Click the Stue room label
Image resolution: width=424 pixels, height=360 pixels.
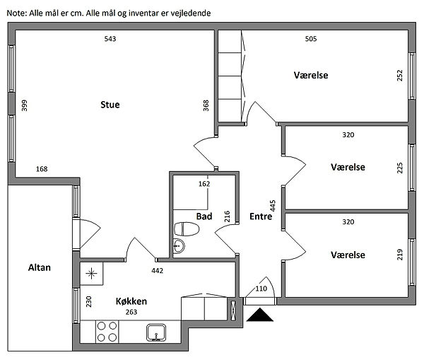click(x=110, y=105)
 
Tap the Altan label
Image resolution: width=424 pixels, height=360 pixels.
click(x=39, y=267)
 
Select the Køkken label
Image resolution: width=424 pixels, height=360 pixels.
click(x=131, y=300)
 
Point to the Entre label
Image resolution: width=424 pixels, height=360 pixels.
click(x=260, y=217)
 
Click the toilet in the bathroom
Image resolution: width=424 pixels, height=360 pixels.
click(x=187, y=229)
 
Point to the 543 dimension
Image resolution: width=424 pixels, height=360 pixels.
click(x=110, y=38)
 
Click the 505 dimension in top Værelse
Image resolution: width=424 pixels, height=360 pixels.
click(x=310, y=38)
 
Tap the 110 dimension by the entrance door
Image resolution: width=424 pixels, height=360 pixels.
click(x=261, y=289)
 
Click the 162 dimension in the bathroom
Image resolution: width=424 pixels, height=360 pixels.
click(x=204, y=184)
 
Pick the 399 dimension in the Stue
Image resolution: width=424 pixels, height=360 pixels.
click(x=25, y=105)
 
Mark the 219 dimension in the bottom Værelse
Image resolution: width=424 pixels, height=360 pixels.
click(x=400, y=254)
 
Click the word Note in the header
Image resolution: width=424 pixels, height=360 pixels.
click(x=14, y=13)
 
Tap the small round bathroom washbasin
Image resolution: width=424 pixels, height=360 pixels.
click(x=178, y=246)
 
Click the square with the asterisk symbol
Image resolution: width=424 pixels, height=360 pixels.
click(x=91, y=272)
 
